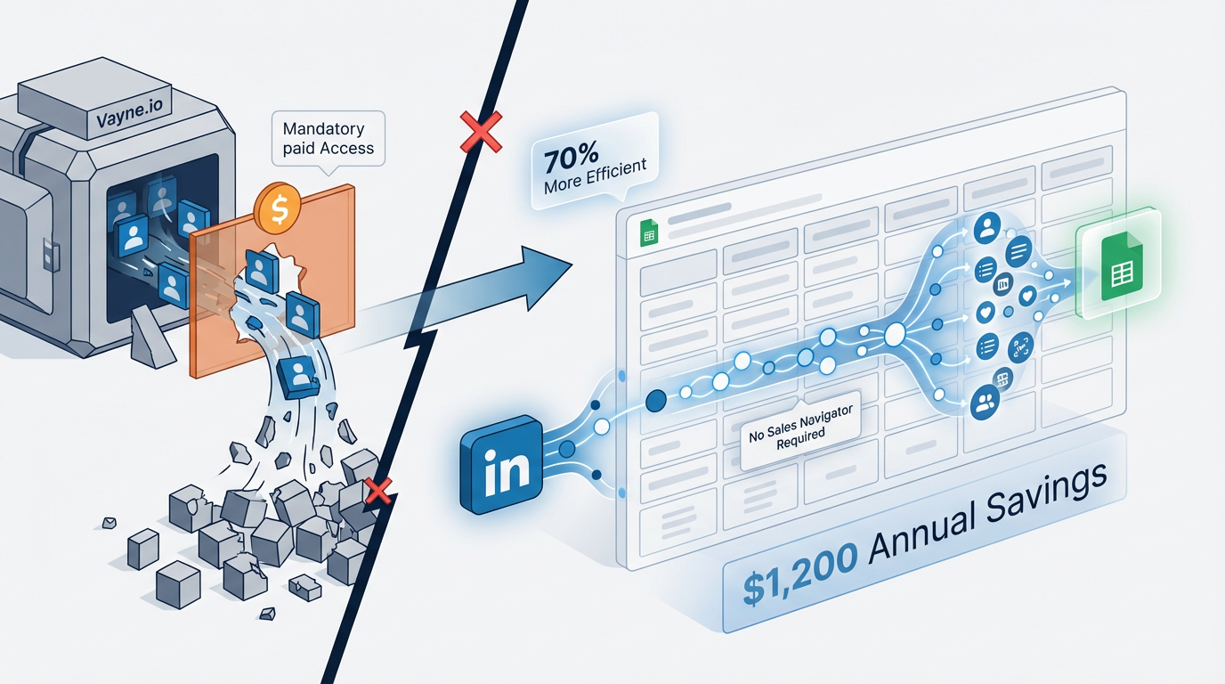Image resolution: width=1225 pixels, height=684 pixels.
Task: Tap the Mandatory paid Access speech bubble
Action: pyautogui.click(x=328, y=139)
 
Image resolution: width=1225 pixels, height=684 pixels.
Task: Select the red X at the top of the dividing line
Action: pyautogui.click(x=478, y=134)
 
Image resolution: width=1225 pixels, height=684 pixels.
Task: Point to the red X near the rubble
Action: pyautogui.click(x=378, y=489)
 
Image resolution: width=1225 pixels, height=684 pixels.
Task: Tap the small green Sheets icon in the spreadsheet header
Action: pyautogui.click(x=648, y=236)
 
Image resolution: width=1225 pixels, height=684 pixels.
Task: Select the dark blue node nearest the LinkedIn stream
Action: pyautogui.click(x=655, y=401)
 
